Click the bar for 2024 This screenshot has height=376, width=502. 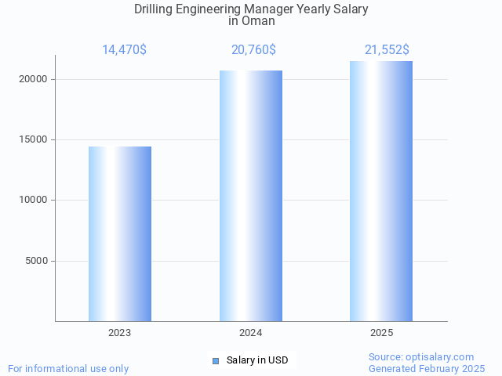click(x=251, y=196)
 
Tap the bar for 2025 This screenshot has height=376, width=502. click(x=381, y=191)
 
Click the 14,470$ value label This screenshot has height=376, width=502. click(x=124, y=50)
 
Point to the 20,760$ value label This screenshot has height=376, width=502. click(x=253, y=50)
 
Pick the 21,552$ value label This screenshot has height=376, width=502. click(x=387, y=50)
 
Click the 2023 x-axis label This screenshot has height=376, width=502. click(x=120, y=333)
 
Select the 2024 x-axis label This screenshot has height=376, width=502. click(x=251, y=333)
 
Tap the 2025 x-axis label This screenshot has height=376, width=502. click(x=381, y=333)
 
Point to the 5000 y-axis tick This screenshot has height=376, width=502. click(x=37, y=261)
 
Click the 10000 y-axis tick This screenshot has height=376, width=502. click(x=34, y=201)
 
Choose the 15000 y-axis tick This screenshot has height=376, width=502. click(x=34, y=139)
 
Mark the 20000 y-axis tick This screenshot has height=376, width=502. click(x=34, y=79)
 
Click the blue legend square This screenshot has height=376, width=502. click(x=216, y=360)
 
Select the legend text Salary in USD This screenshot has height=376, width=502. click(x=257, y=360)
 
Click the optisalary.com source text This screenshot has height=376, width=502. click(x=421, y=357)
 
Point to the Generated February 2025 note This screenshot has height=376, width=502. click(x=427, y=368)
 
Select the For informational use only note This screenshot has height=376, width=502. click(x=68, y=368)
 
